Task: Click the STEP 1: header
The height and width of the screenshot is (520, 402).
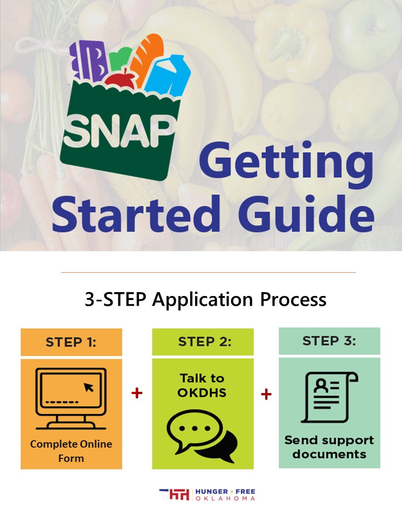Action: (71, 342)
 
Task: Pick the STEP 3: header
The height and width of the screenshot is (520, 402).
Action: (329, 341)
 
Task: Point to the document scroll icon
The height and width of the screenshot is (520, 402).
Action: (329, 397)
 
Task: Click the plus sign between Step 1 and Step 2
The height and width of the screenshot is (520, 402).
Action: (137, 393)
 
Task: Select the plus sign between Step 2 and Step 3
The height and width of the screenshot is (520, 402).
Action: (266, 394)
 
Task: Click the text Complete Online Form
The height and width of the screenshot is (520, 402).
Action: (71, 451)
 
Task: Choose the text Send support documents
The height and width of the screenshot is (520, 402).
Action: (329, 447)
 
